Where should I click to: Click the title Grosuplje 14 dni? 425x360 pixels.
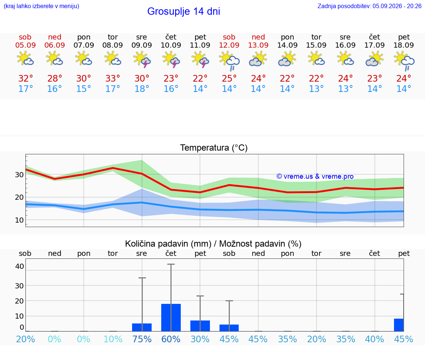[183, 11]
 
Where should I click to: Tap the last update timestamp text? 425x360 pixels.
[369, 6]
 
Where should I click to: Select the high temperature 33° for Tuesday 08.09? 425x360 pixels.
[113, 78]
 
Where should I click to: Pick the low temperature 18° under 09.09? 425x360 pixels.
[142, 89]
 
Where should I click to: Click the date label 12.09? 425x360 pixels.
[229, 45]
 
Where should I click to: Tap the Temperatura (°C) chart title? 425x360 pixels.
[214, 148]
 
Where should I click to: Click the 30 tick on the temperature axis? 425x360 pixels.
[19, 175]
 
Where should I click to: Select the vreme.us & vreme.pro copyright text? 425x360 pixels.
[315, 176]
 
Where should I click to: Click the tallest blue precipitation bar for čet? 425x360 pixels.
[171, 318]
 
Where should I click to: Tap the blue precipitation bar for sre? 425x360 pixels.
[142, 327]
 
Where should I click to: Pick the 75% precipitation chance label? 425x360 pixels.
[142, 339]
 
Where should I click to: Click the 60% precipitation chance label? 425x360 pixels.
[171, 339]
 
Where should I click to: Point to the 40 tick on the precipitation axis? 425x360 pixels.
[20, 266]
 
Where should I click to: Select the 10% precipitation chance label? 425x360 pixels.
[113, 339]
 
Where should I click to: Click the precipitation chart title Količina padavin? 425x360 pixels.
[168, 244]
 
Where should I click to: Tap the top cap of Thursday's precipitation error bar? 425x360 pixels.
[171, 264]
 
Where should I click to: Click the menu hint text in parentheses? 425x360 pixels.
[41, 6]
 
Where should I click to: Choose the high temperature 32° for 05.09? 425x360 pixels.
[25, 78]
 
